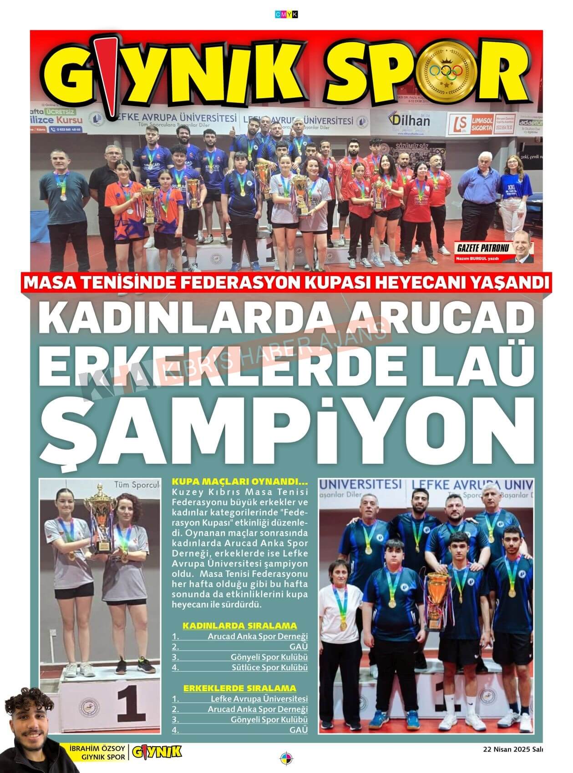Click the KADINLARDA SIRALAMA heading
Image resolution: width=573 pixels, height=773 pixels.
click(239, 626)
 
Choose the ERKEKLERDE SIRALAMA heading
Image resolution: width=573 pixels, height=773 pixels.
click(239, 688)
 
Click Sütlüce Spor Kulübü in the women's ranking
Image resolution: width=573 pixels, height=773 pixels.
click(269, 668)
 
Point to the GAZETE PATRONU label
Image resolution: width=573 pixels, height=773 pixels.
click(482, 250)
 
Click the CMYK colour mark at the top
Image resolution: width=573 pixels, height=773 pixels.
click(286, 15)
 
